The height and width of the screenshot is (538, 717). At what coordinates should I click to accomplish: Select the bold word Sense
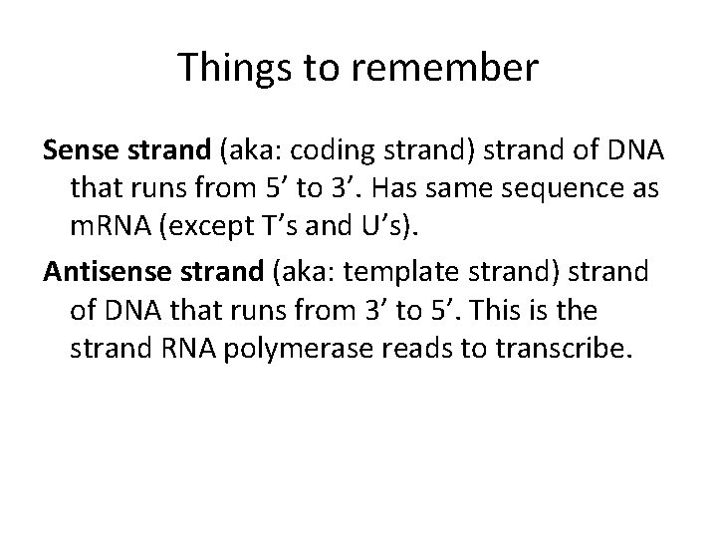click(x=76, y=151)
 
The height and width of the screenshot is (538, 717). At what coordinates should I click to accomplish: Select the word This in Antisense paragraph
click(x=529, y=311)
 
